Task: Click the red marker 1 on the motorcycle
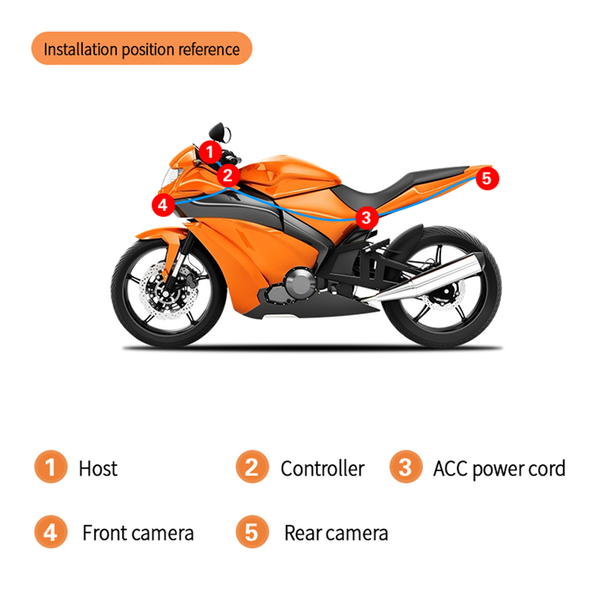pyautogui.click(x=210, y=152)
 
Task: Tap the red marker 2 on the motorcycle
pyautogui.click(x=228, y=176)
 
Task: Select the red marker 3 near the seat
pyautogui.click(x=367, y=218)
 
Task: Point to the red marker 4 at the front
pyautogui.click(x=163, y=205)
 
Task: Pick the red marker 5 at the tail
pyautogui.click(x=487, y=179)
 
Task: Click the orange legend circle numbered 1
pyautogui.click(x=51, y=467)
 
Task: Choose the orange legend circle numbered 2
pyautogui.click(x=252, y=467)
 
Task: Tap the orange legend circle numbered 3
pyautogui.click(x=406, y=467)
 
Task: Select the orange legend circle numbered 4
pyautogui.click(x=51, y=532)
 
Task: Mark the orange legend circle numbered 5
pyautogui.click(x=252, y=532)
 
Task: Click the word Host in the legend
pyautogui.click(x=98, y=468)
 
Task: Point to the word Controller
pyautogui.click(x=322, y=468)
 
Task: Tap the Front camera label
pyautogui.click(x=138, y=533)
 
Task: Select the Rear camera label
pyautogui.click(x=336, y=533)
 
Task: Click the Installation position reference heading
pyautogui.click(x=142, y=50)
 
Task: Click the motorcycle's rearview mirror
pyautogui.click(x=220, y=133)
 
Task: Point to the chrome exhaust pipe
pyautogui.click(x=421, y=278)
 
